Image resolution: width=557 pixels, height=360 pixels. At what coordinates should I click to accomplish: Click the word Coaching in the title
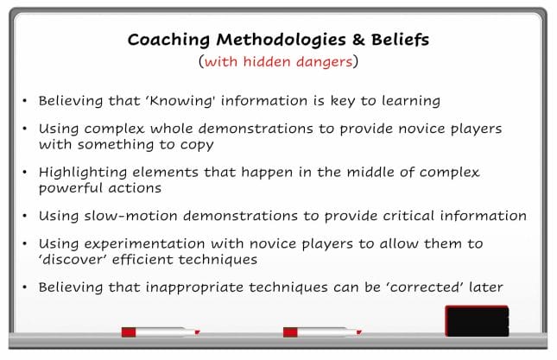click(168, 40)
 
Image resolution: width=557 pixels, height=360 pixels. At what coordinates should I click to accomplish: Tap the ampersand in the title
click(358, 40)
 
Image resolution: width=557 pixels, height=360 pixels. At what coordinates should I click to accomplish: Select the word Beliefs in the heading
click(401, 40)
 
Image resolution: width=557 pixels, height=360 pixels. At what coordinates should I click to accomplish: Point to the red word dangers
click(325, 62)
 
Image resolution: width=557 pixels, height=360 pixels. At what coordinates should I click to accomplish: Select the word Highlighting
click(83, 173)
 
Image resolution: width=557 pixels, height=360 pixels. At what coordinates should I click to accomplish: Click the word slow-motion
click(130, 216)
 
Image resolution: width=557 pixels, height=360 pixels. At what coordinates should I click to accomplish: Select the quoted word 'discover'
click(73, 260)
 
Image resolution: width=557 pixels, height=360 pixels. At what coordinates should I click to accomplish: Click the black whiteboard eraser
click(477, 321)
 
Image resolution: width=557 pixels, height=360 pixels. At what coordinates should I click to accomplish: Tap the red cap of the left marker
click(129, 332)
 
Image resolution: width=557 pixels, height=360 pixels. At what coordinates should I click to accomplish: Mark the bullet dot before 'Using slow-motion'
click(24, 216)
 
